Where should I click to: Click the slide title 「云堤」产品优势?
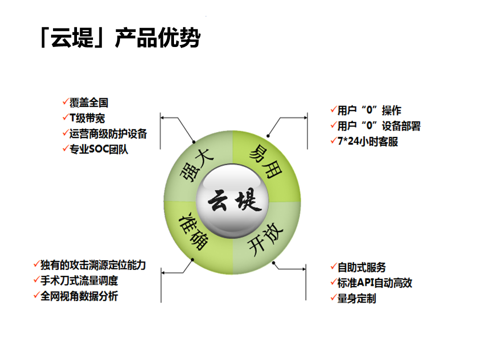coord(120,37)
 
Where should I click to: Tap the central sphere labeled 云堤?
coord(232,201)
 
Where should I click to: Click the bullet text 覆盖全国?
coord(89,102)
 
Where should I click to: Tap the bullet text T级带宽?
coord(87,118)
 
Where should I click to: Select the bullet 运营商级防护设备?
coord(108,134)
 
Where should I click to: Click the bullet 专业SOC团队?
coord(98,149)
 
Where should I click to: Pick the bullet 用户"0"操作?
coord(369,110)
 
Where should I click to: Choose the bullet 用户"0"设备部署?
coord(379,126)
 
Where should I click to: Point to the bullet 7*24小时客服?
coord(367,141)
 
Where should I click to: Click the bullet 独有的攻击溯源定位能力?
coord(93,265)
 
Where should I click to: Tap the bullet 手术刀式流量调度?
coord(79,280)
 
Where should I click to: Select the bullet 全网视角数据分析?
coord(79,296)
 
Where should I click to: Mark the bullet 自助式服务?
coord(361,267)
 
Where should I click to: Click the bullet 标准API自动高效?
coord(374,283)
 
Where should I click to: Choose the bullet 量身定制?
coord(356,298)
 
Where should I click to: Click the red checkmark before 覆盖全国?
coord(65,101)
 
